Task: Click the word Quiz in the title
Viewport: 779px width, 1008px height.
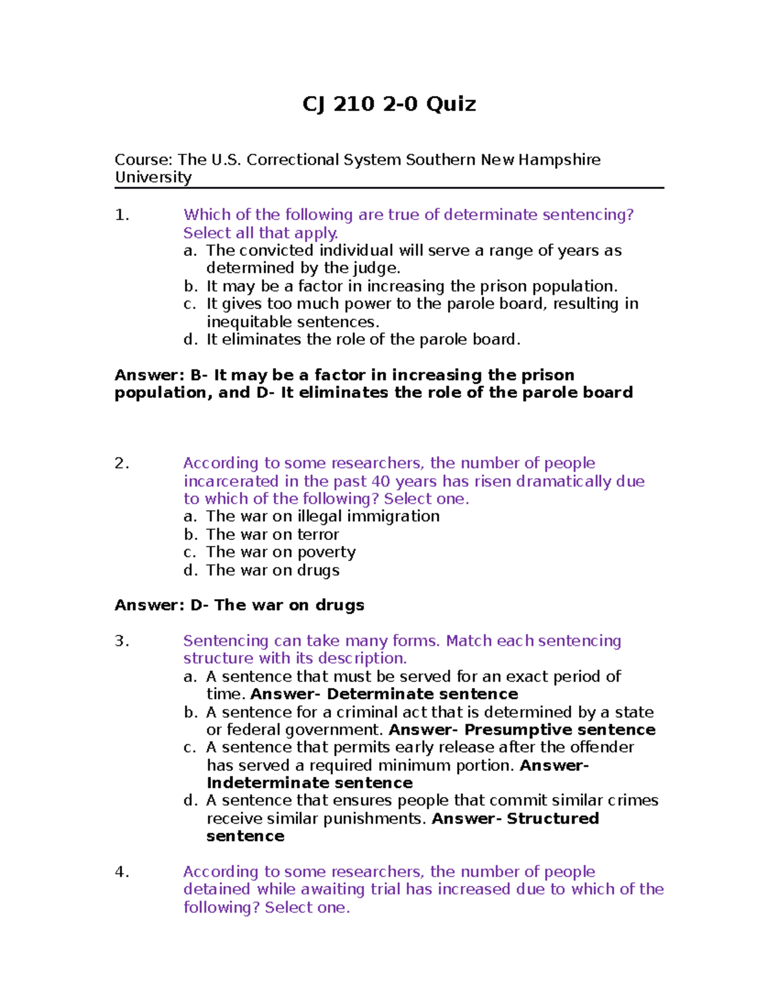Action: click(x=451, y=104)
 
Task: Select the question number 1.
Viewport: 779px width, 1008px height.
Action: click(x=121, y=215)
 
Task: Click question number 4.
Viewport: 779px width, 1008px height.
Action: click(x=121, y=872)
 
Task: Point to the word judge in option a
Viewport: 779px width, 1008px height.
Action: click(x=375, y=268)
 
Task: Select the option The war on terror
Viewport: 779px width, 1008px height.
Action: click(x=272, y=535)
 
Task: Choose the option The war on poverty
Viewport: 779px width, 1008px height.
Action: click(x=280, y=552)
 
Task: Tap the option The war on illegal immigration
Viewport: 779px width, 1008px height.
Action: click(x=323, y=517)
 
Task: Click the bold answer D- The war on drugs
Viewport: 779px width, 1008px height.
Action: click(x=277, y=605)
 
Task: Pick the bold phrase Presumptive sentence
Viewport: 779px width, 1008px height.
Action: click(x=560, y=730)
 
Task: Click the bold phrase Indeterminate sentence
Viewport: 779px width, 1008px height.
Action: click(x=310, y=783)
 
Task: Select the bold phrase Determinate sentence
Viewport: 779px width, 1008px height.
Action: click(x=422, y=694)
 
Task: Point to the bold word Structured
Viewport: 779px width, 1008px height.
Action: click(x=552, y=818)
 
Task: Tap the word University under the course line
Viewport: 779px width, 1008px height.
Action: click(x=153, y=177)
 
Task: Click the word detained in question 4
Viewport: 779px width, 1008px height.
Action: click(x=217, y=889)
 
